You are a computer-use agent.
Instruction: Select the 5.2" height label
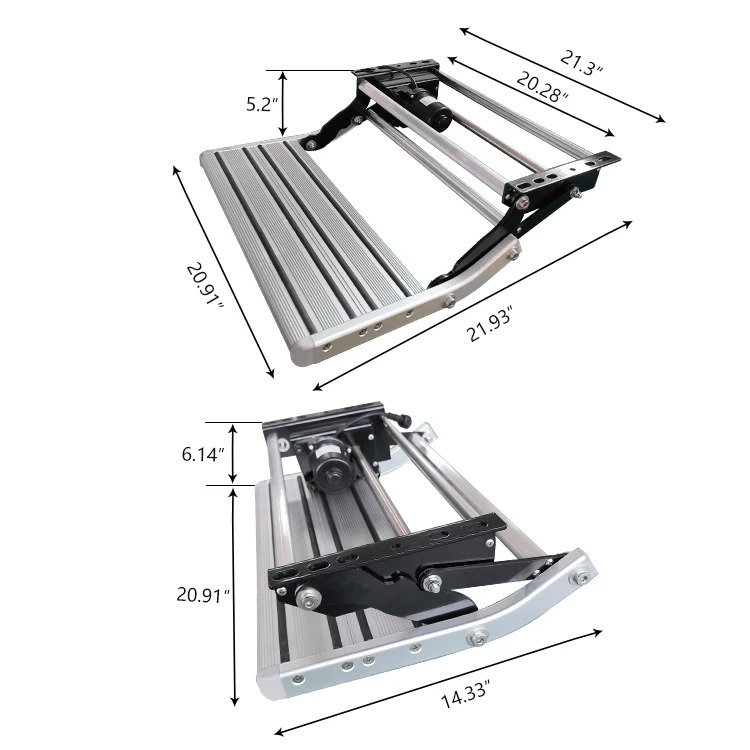pos(258,103)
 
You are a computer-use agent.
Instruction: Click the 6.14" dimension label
pos(203,454)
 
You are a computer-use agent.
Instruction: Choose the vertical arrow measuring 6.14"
pos(234,454)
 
